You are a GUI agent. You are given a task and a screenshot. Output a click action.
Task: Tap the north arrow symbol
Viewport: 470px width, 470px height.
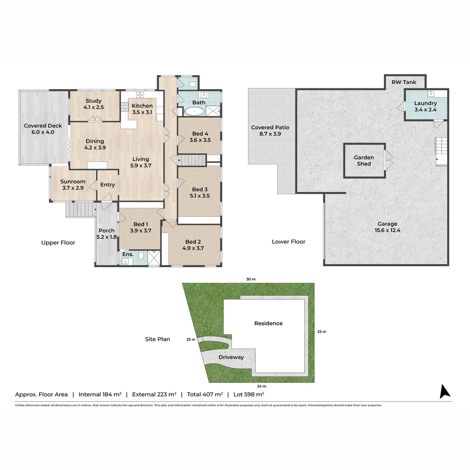445,391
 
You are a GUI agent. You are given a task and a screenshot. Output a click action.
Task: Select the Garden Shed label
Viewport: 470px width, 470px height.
364,161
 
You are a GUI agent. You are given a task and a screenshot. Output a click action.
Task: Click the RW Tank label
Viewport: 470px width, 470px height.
404,82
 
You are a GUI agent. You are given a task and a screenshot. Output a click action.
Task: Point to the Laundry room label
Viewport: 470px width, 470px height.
425,103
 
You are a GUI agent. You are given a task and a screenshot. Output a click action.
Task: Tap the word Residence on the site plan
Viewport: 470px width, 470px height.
269,323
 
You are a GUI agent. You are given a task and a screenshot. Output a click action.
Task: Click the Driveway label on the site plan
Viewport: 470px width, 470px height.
231,357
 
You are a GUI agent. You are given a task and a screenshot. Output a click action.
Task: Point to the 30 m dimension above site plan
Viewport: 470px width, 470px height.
251,279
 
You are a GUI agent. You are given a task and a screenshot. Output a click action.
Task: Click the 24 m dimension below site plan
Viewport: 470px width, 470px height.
262,386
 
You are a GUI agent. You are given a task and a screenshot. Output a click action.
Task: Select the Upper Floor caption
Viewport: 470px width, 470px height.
58,242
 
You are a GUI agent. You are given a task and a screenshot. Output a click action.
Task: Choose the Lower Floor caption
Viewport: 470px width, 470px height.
289,242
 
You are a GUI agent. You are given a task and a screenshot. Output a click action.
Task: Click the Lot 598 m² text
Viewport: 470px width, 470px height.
248,394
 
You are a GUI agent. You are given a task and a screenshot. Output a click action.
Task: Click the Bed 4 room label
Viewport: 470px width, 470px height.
200,137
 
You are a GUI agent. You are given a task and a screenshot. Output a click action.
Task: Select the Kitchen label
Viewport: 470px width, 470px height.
142,106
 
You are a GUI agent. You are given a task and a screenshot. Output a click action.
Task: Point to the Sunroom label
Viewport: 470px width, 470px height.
73,181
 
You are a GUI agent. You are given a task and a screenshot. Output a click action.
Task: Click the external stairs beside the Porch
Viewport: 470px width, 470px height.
80,210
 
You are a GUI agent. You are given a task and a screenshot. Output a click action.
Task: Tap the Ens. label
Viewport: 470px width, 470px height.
128,254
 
